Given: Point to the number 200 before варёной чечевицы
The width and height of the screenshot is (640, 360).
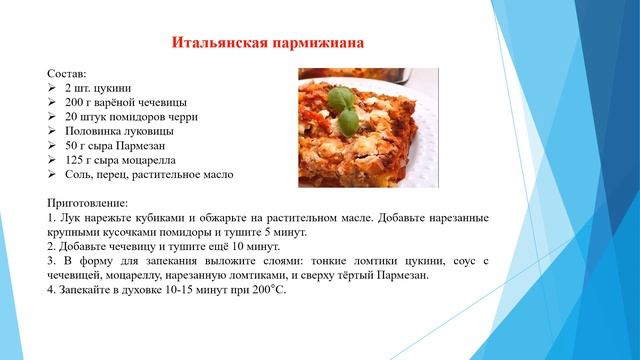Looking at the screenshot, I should (75, 103).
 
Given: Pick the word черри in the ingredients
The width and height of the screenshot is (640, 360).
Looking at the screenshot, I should (189, 117).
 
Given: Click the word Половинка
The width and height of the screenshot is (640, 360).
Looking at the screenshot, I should (95, 131).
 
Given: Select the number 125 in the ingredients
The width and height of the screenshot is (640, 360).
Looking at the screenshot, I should (75, 160).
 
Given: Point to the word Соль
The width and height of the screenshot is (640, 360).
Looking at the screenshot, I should (79, 174).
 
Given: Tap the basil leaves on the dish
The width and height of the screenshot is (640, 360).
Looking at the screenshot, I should (344, 107).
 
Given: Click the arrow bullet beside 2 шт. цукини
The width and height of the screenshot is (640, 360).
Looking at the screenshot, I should (52, 89).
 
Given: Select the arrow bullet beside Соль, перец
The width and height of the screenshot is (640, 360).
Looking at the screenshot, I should (52, 174).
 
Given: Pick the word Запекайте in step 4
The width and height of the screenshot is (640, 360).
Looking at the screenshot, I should (90, 289).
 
